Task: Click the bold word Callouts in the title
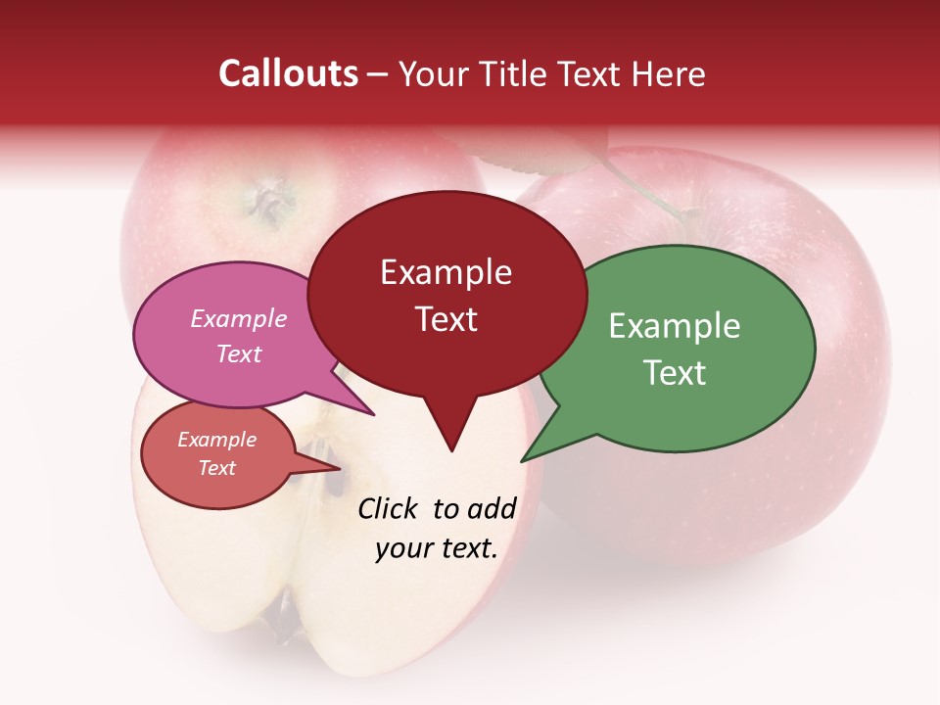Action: pos(288,73)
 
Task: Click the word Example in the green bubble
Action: pos(675,326)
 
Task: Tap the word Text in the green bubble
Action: pos(675,372)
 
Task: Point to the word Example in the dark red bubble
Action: pos(446,272)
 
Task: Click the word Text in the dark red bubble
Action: pos(446,319)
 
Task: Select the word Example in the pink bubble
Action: pos(238,318)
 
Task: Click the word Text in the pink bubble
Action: pos(238,353)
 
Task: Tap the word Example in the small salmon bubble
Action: pos(216,440)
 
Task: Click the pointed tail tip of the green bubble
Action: pos(523,460)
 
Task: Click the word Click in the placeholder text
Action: pos(389,508)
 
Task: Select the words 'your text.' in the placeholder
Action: pos(437,548)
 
